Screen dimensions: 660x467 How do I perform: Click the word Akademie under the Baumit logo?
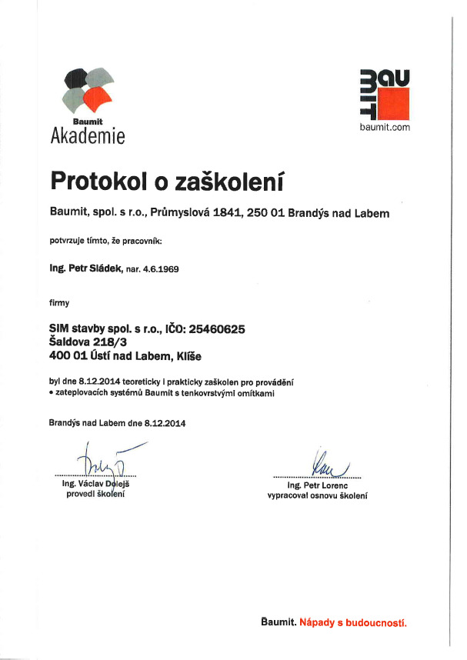(x=87, y=136)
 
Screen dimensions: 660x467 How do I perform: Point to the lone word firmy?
(x=59, y=303)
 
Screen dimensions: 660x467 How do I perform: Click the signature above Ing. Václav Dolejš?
(x=104, y=462)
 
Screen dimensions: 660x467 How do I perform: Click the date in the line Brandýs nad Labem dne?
(x=164, y=423)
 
